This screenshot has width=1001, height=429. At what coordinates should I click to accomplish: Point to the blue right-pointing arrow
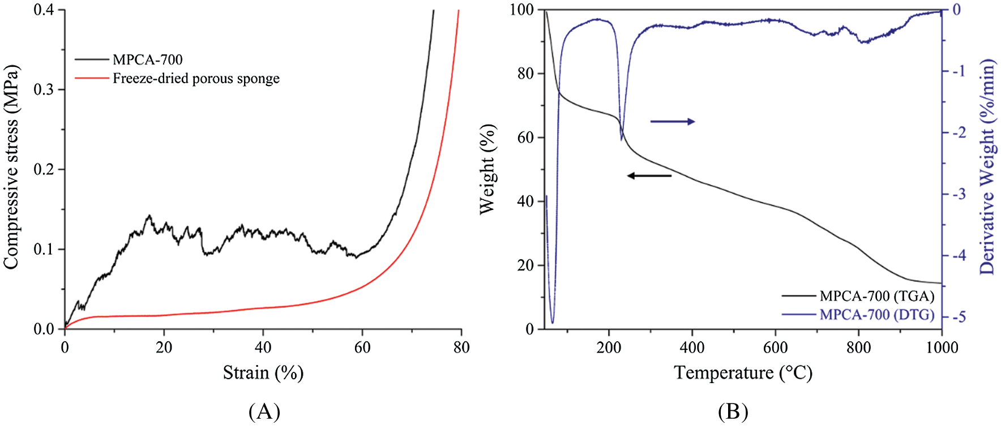tap(672, 121)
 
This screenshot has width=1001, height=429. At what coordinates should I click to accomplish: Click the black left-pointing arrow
tap(649, 175)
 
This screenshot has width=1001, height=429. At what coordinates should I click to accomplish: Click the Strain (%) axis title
tap(263, 372)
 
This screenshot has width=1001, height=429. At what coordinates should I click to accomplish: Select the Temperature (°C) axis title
tap(743, 372)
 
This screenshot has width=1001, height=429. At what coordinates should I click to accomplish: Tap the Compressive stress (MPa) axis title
tap(11, 168)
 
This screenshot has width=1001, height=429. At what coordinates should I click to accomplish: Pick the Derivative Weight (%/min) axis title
tap(987, 167)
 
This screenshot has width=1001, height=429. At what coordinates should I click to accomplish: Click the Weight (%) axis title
tap(487, 169)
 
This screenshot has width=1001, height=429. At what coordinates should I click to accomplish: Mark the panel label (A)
tap(264, 411)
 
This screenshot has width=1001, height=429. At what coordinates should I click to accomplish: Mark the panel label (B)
tap(733, 411)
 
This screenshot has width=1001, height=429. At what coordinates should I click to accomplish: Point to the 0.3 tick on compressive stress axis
tap(45, 89)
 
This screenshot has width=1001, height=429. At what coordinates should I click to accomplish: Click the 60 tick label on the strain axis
tap(362, 348)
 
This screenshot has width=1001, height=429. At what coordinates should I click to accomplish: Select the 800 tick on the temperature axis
tap(858, 348)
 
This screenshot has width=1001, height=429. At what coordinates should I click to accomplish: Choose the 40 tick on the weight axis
tap(526, 201)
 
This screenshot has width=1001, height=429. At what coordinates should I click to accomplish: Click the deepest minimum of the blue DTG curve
tap(553, 323)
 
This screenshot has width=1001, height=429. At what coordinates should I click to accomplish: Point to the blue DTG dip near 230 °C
tap(622, 139)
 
